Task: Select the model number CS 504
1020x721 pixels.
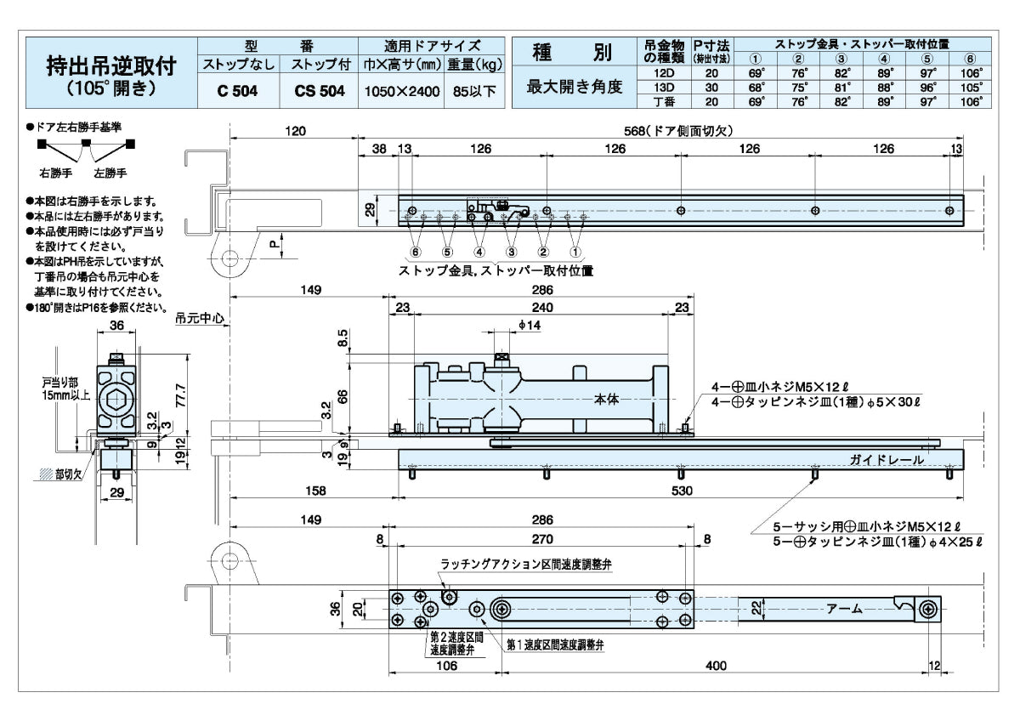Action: click(x=319, y=92)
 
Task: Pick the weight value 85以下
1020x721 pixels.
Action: click(x=474, y=92)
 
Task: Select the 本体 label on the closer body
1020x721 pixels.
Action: click(x=604, y=398)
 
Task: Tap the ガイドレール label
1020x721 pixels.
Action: click(x=884, y=459)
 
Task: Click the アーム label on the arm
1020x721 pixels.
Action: click(x=844, y=609)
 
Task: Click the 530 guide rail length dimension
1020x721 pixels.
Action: click(x=682, y=491)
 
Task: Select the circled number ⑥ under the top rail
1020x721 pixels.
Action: click(x=416, y=252)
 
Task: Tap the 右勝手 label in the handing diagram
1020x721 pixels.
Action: click(x=57, y=173)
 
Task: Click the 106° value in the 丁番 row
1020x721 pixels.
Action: click(x=972, y=100)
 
